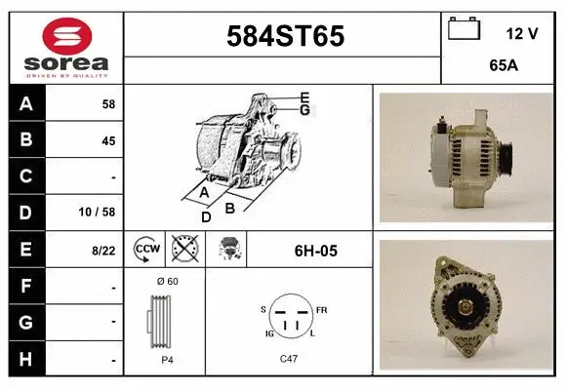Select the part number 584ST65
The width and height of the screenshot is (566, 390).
point(285,36)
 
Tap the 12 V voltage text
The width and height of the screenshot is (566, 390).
point(522,33)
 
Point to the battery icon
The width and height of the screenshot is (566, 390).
point(464,30)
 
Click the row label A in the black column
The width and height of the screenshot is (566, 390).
point(26,104)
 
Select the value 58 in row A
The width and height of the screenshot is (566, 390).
point(107,104)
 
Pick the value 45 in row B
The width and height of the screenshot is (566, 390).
point(107,140)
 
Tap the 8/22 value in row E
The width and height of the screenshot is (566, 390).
point(102,251)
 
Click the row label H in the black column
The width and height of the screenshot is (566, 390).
point(26,359)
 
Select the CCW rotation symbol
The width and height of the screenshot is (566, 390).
point(146,251)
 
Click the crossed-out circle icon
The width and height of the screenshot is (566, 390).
point(182,251)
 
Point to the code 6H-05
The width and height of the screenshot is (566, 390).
point(315,251)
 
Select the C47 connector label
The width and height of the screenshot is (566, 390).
point(289,360)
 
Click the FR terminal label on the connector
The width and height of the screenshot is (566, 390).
point(322,309)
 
